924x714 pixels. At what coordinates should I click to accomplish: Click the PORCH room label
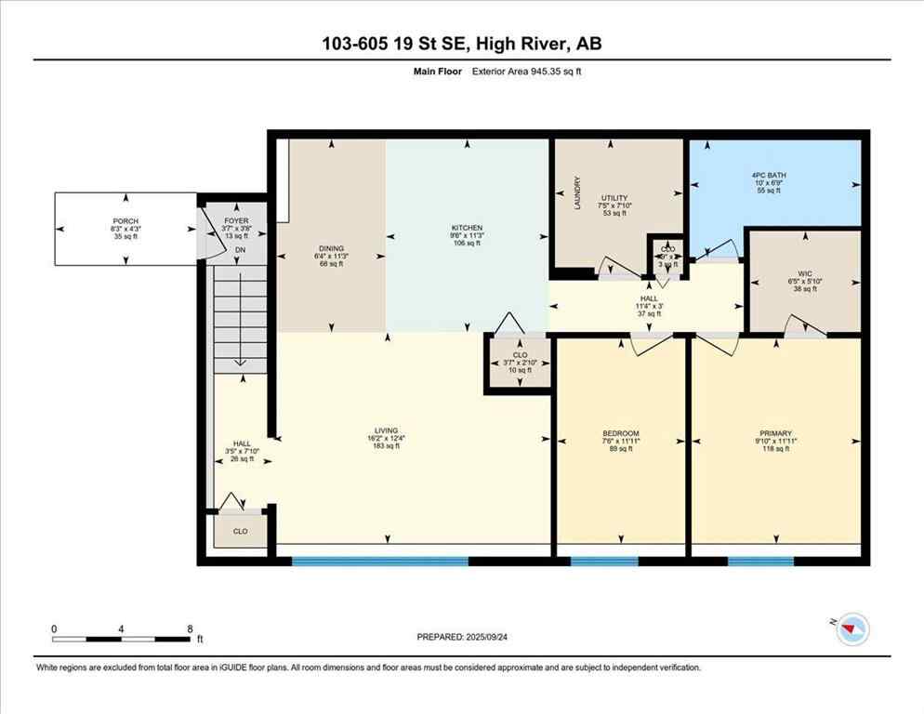click(x=125, y=221)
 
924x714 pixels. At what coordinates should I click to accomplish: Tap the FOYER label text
click(x=236, y=221)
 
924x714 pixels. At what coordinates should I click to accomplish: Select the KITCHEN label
click(x=466, y=228)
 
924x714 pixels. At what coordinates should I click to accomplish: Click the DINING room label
click(x=331, y=248)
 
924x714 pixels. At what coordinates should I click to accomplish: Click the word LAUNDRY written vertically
click(x=577, y=193)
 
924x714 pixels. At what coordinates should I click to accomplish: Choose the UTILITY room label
click(x=614, y=198)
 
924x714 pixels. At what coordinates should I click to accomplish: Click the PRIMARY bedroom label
click(x=775, y=433)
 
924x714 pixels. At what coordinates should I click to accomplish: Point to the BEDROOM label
click(x=621, y=433)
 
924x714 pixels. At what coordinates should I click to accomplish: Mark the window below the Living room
click(x=379, y=561)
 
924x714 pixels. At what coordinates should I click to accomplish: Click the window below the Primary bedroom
click(x=760, y=561)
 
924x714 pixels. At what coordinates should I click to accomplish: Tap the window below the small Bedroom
click(x=603, y=561)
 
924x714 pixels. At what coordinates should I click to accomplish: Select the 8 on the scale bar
click(x=191, y=629)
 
